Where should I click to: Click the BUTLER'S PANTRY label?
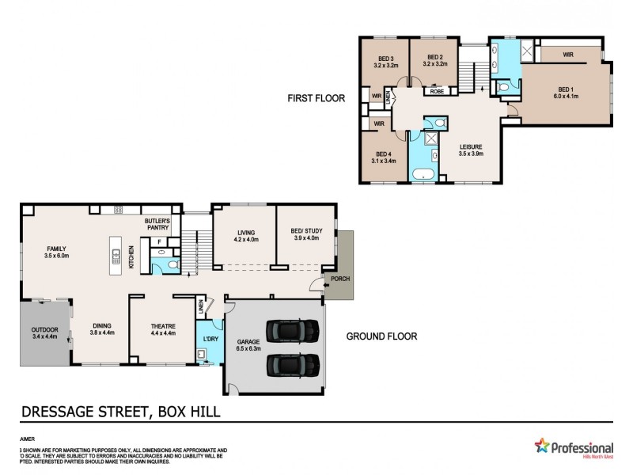tap(158, 224)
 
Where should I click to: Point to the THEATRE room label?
tap(163, 326)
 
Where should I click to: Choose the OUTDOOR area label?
tap(44, 330)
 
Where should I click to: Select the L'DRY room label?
tap(210, 339)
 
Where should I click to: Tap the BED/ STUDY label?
tap(305, 232)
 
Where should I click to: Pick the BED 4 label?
tap(384, 154)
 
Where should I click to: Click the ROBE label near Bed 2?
tap(437, 92)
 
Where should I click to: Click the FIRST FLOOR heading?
tap(316, 99)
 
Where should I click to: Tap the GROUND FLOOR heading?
tap(381, 336)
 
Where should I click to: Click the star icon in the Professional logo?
tap(542, 446)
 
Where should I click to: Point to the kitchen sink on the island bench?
tap(116, 255)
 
